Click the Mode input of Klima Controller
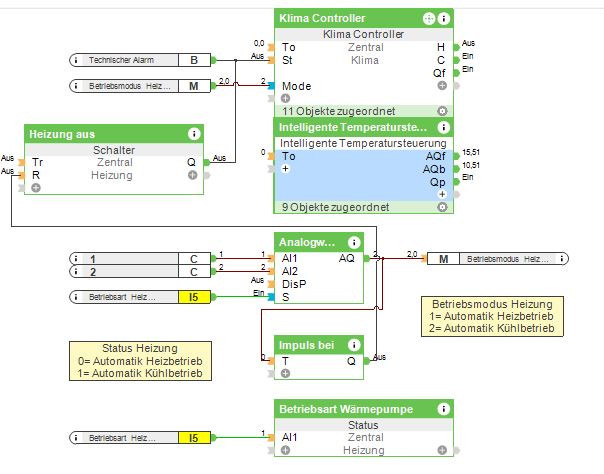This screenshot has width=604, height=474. click(297, 86)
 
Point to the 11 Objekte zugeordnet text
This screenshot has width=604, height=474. click(325, 109)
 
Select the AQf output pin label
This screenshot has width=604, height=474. click(435, 156)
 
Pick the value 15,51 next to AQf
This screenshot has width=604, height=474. click(471, 152)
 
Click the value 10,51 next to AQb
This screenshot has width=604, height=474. click(471, 166)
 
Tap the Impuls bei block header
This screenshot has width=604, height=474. click(306, 344)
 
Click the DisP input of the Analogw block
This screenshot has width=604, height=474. click(295, 283)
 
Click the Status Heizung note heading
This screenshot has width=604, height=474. click(139, 349)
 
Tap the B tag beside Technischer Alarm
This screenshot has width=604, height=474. click(194, 60)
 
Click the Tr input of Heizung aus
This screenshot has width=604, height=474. click(37, 162)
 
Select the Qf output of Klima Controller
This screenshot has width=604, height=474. click(439, 73)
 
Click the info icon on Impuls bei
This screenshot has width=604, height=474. click(353, 344)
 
